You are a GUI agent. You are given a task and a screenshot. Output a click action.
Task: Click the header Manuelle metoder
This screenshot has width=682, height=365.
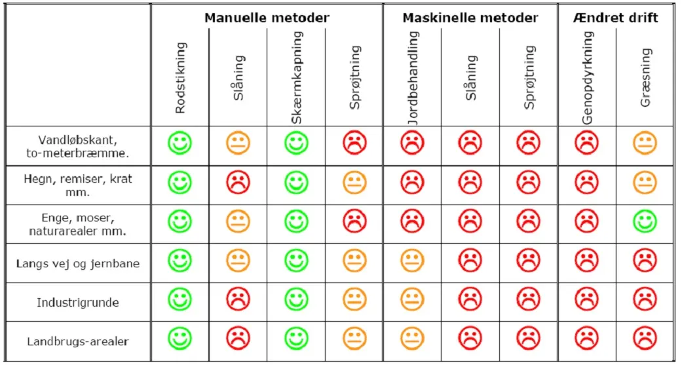(x=267, y=17)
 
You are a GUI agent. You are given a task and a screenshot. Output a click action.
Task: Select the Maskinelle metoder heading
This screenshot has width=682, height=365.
(x=470, y=17)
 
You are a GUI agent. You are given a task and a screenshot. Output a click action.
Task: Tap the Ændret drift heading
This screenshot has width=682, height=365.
(x=616, y=17)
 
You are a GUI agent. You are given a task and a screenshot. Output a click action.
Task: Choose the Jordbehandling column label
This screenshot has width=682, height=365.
(x=412, y=79)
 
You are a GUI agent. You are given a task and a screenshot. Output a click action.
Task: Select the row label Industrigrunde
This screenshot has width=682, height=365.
(x=78, y=303)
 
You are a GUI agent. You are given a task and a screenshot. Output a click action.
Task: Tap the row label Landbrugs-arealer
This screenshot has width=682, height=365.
(x=78, y=341)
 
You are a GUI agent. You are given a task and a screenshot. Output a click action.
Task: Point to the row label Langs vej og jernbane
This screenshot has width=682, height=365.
(x=78, y=263)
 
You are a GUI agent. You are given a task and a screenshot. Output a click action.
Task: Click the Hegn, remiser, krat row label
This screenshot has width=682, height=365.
(x=78, y=185)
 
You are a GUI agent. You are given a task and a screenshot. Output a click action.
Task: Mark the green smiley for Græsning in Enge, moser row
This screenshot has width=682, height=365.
(x=645, y=221)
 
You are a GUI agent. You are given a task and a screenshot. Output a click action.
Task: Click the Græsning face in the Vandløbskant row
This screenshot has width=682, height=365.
(x=645, y=144)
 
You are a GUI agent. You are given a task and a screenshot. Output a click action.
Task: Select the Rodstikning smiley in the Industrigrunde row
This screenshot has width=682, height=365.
(x=180, y=299)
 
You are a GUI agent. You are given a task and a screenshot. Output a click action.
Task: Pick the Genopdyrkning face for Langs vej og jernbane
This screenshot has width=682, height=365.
(x=587, y=261)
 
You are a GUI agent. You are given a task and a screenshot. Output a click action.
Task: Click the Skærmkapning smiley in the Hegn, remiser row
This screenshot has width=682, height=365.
(x=296, y=183)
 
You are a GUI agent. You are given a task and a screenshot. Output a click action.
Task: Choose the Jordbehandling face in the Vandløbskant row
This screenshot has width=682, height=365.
(x=412, y=144)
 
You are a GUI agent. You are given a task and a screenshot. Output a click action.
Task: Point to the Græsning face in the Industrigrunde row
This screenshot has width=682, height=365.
(x=645, y=299)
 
